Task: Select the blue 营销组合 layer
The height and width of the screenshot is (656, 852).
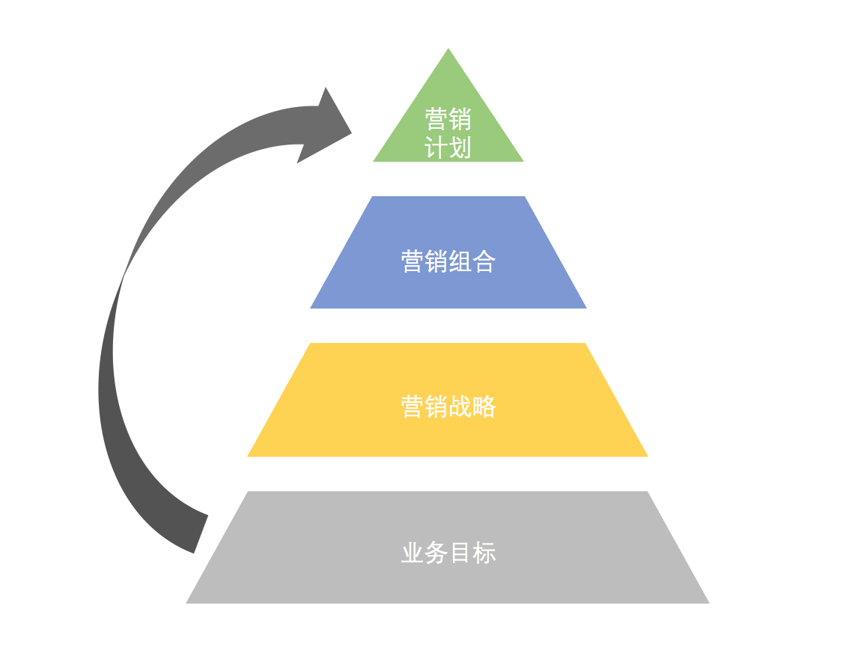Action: tap(448, 252)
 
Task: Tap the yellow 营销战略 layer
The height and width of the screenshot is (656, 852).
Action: tap(448, 400)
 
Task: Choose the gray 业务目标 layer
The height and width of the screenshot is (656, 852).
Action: tap(448, 547)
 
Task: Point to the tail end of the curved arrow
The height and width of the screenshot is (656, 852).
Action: tap(201, 534)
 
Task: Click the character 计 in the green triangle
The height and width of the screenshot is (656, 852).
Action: tap(436, 148)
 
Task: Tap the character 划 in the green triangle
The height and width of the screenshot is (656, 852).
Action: tap(460, 148)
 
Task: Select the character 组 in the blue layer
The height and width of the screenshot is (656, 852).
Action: tap(460, 261)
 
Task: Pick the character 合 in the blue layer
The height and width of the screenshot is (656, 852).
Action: tap(484, 261)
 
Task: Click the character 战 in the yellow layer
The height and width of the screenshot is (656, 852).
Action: tap(460, 407)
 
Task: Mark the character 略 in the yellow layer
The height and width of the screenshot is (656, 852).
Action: tap(484, 407)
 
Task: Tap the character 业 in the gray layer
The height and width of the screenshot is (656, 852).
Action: tap(413, 553)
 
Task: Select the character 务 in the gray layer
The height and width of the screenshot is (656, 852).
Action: tap(436, 553)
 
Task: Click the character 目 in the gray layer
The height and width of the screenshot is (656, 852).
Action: tap(460, 553)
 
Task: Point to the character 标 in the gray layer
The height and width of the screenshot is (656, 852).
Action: tap(484, 553)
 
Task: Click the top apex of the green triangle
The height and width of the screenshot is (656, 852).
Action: tap(448, 49)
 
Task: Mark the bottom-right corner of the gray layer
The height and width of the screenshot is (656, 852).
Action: tap(709, 604)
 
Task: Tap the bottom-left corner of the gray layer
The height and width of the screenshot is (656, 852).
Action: tap(186, 604)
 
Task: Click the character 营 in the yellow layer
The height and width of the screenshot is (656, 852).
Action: tap(413, 407)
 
